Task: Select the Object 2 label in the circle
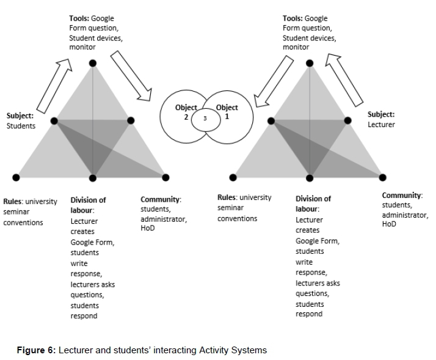pyautogui.click(x=186, y=112)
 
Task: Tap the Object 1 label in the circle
pyautogui.click(x=227, y=112)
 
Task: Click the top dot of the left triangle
pyautogui.click(x=93, y=63)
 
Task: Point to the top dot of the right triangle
pyautogui.click(x=310, y=63)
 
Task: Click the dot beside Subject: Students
pyautogui.click(x=54, y=121)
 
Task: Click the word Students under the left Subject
pyautogui.click(x=21, y=126)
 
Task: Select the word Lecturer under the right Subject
pyautogui.click(x=381, y=124)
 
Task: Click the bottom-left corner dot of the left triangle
pyautogui.click(x=15, y=177)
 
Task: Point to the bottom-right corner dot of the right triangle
pyautogui.click(x=383, y=177)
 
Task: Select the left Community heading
pyautogui.click(x=161, y=199)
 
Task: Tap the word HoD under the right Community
pyautogui.click(x=389, y=224)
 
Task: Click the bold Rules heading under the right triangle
pyautogui.click(x=227, y=197)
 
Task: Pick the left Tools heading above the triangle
pyautogui.click(x=79, y=19)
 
